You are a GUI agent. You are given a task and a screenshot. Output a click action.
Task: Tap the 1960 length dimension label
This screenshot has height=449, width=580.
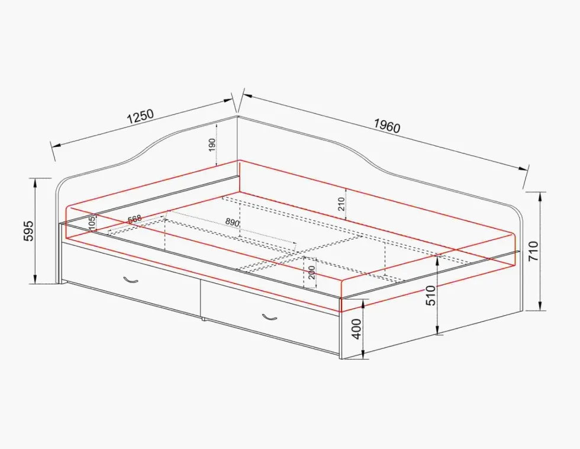point(387,126)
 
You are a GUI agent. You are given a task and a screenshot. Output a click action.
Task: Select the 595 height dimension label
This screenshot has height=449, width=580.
point(28,231)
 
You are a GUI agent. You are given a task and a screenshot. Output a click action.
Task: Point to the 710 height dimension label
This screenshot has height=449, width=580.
point(534,251)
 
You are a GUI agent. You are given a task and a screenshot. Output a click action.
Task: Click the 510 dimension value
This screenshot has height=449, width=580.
point(431,296)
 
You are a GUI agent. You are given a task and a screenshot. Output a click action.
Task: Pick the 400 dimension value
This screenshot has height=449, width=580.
point(356,329)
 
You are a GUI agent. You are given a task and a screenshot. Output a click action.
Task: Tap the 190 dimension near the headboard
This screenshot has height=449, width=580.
point(212,145)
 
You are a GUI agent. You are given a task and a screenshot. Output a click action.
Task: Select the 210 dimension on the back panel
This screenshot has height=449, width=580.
point(341,204)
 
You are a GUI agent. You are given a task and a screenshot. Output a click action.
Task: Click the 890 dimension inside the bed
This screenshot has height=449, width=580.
point(232,222)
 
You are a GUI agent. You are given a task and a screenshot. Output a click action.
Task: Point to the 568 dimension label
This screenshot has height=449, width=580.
point(135,219)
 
